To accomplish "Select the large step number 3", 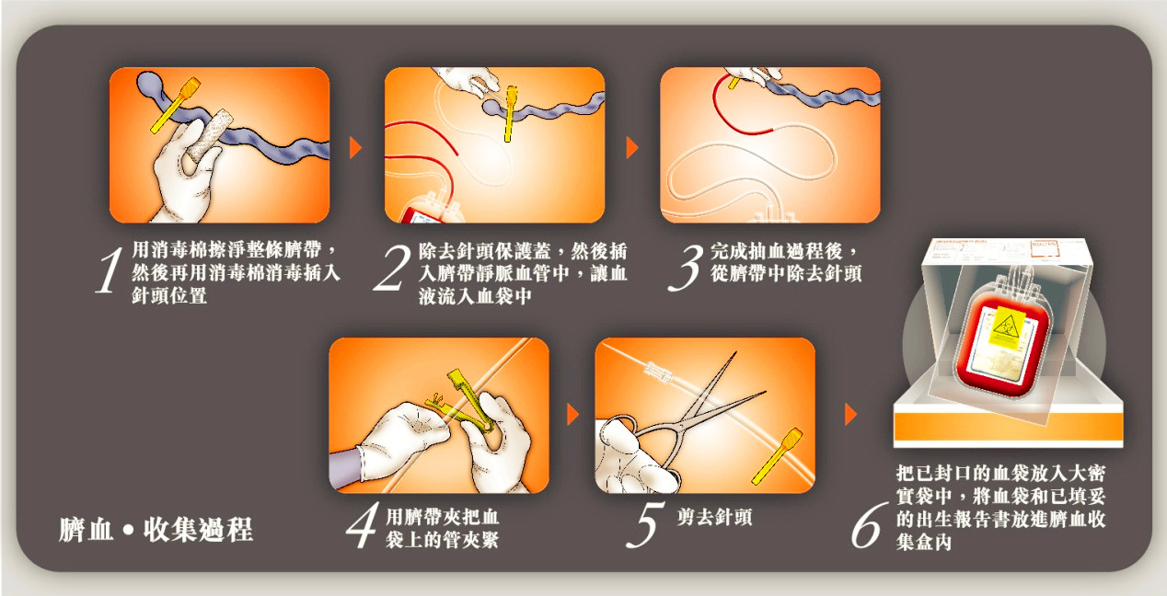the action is click(686, 267).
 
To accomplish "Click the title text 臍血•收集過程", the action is click(156, 530).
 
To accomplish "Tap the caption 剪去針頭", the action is click(714, 518).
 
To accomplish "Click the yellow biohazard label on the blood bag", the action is click(1007, 327).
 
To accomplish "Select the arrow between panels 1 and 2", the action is click(355, 148).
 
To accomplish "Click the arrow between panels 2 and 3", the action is click(632, 148).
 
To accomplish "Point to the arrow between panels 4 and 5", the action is click(572, 414).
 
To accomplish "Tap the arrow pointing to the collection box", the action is click(850, 414).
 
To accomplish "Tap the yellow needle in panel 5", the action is click(776, 456).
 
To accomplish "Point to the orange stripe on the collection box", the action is click(1008, 427).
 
